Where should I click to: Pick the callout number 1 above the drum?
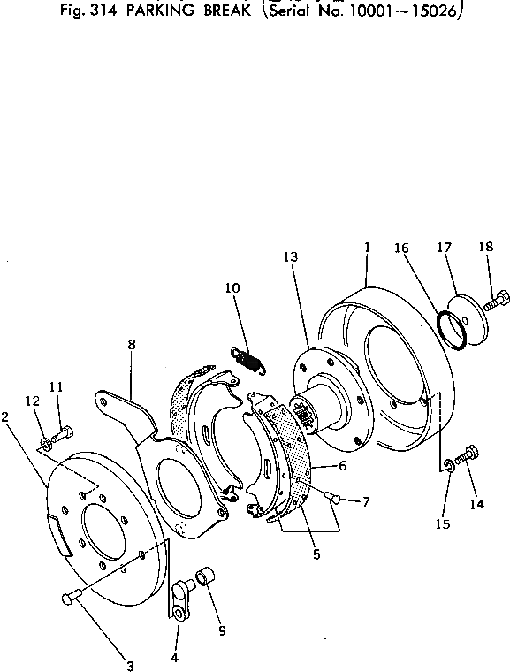(366, 250)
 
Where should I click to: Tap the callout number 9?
(222, 630)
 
